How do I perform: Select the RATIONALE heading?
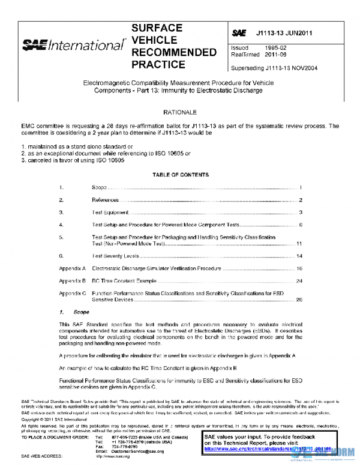pos(179,112)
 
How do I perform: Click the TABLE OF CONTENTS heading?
pos(180,175)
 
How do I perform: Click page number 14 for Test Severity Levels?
pos(299,256)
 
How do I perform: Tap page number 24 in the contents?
pos(299,280)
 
